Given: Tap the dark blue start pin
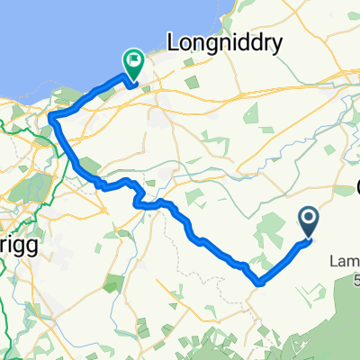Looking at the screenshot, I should coord(308,220).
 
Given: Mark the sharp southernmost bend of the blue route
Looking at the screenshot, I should coord(259,283).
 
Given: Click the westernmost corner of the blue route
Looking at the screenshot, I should coord(51,118).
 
